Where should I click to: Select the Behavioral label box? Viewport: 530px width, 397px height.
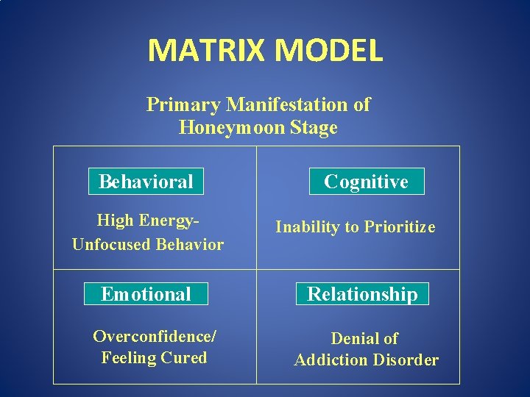click(146, 182)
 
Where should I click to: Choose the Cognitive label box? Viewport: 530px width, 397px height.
click(366, 182)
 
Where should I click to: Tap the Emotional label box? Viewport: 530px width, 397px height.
click(146, 294)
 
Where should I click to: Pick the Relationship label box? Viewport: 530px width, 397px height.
click(362, 294)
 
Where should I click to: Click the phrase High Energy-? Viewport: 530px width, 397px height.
click(149, 221)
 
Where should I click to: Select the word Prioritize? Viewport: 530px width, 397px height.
click(399, 227)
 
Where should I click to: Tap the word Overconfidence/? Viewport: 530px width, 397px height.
click(155, 337)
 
